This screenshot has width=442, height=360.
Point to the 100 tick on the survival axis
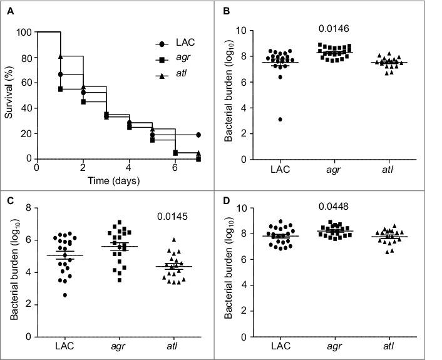point(26,32)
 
